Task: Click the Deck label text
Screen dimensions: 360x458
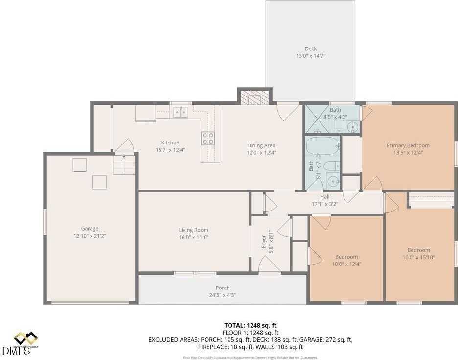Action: (311, 48)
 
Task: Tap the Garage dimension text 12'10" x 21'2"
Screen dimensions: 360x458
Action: (90, 236)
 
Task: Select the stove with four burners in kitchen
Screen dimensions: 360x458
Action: (207, 138)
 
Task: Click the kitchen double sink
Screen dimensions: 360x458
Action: (180, 112)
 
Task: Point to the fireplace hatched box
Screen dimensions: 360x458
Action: (254, 98)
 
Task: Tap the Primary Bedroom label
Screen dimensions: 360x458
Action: (408, 145)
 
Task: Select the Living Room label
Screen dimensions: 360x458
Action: (193, 230)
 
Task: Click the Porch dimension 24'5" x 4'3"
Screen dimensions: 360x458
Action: (223, 295)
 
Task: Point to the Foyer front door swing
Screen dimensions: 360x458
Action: (269, 265)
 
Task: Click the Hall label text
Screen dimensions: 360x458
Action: (325, 197)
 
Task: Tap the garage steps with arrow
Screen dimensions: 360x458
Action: (123, 165)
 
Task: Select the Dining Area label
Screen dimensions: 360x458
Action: (261, 145)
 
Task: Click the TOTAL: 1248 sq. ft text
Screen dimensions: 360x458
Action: (250, 325)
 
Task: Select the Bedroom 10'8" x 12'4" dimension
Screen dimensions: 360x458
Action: (346, 264)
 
